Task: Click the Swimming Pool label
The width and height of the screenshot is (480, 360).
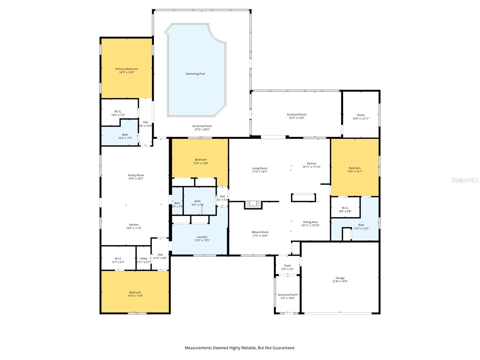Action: tap(195, 74)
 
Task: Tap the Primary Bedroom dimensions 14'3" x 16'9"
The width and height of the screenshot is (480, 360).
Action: tap(127, 72)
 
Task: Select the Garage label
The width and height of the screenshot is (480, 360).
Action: tap(340, 278)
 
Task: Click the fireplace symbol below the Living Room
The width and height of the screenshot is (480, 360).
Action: tap(253, 205)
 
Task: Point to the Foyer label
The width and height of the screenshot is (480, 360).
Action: tap(287, 265)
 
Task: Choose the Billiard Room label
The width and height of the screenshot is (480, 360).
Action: tap(260, 232)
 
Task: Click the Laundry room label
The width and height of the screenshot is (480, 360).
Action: tap(202, 237)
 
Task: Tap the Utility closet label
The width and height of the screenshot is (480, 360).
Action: tap(143, 259)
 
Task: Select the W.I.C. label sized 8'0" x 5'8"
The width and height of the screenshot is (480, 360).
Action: tap(345, 208)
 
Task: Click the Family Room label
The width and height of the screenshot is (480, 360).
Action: tap(136, 175)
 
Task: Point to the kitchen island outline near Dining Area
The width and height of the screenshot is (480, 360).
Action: tap(303, 198)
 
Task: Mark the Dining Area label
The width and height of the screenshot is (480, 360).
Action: tap(310, 222)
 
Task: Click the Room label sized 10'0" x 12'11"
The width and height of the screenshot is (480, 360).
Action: tap(361, 115)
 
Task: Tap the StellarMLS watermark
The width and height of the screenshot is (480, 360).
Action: tap(465, 180)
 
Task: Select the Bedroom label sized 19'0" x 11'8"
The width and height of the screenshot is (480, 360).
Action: tap(135, 292)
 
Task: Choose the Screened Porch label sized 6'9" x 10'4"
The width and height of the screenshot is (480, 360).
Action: tap(287, 295)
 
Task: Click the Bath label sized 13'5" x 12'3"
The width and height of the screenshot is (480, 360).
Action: tap(361, 225)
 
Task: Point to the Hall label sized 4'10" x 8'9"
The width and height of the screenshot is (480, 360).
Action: tap(160, 255)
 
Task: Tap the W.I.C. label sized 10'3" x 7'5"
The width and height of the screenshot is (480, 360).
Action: tap(118, 112)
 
